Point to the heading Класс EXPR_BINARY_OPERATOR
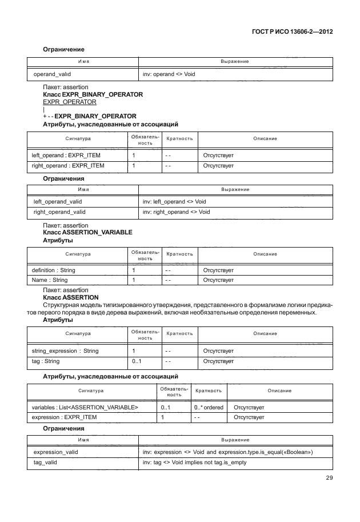coord(93,94)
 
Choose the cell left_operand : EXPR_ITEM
coord(68,155)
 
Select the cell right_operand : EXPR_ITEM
coord(69,166)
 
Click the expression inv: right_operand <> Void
coord(176,212)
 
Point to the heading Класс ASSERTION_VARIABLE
coord(87,233)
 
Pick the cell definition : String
coord(53,270)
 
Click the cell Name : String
coord(50,280)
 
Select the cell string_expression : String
coord(65,350)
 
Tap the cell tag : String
coord(46,361)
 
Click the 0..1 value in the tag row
coord(137,361)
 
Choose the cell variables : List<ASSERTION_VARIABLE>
coord(85,407)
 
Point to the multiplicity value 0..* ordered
coord(209,407)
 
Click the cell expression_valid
coord(56,452)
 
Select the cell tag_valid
coord(46,462)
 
